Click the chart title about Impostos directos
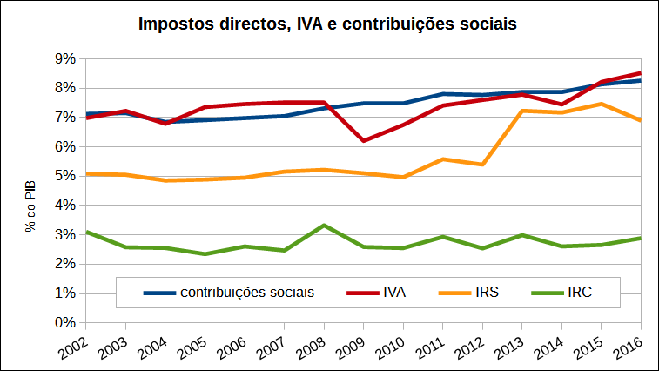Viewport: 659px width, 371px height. tap(328, 24)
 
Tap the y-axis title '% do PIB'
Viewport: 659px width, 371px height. tap(30, 206)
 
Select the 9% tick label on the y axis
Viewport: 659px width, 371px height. tap(65, 58)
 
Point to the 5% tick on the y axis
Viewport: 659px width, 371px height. tap(65, 176)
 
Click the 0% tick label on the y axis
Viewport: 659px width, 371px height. tap(65, 322)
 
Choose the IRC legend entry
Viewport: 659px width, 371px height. tap(579, 293)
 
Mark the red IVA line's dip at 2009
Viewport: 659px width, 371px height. tap(363, 140)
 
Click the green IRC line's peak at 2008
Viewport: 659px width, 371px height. tap(324, 226)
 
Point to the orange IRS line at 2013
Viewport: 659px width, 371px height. tap(521, 111)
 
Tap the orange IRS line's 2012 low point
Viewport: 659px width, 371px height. tap(482, 165)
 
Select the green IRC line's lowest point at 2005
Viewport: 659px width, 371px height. tap(205, 253)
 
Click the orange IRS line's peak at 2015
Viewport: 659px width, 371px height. tap(601, 104)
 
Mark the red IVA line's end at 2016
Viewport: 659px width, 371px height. tap(640, 73)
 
